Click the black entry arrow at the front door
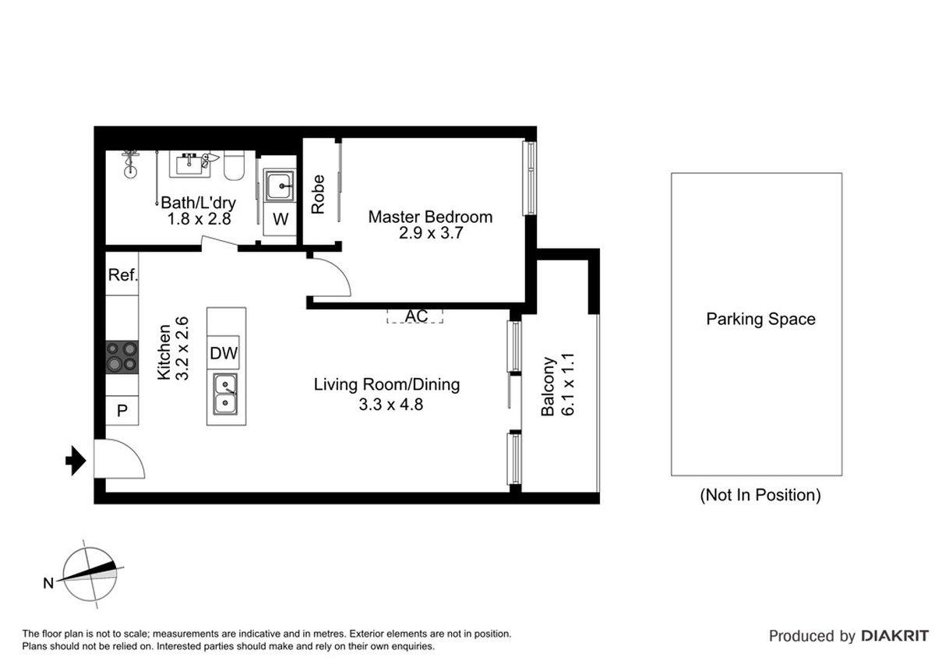pos(76,461)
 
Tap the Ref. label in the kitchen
pos(123,274)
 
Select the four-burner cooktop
pos(122,357)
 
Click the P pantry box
pos(122,411)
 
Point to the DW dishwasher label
pos(224,353)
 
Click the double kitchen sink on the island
pos(225,394)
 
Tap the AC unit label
pos(416,316)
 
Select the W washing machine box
pos(280,219)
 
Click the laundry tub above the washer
pos(280,186)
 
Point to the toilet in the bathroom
pos(233,165)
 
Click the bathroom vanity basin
pos(190,164)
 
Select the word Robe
pos(318,194)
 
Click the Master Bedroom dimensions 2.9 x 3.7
pos(431,233)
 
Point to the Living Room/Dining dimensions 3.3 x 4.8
pos(391,405)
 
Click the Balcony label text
pos(548,387)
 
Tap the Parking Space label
pos(760,319)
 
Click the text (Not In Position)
pos(760,495)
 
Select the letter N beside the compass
pos(48,583)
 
